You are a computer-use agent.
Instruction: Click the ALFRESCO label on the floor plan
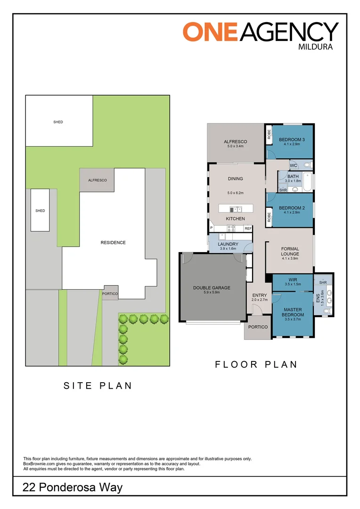pos(235,141)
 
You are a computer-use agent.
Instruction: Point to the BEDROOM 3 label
pos(292,140)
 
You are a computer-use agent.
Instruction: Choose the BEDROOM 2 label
pos(292,208)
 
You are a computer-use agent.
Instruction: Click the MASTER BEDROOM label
pos(293,312)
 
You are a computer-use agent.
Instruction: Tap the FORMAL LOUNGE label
pos(290,251)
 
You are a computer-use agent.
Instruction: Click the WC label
pos(293,165)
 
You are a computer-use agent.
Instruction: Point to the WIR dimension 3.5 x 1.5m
pos(293,284)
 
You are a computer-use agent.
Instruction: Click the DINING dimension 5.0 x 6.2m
pos(235,193)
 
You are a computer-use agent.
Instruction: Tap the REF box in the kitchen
pos(248,229)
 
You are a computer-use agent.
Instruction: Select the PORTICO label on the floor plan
pos(258,327)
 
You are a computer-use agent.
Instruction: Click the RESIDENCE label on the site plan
pos(113,243)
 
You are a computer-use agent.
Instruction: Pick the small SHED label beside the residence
pos(40,211)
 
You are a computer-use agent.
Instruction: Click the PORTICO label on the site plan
pos(110,294)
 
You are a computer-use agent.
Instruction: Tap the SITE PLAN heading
pos(98,386)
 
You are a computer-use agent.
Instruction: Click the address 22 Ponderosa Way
pos(72,487)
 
